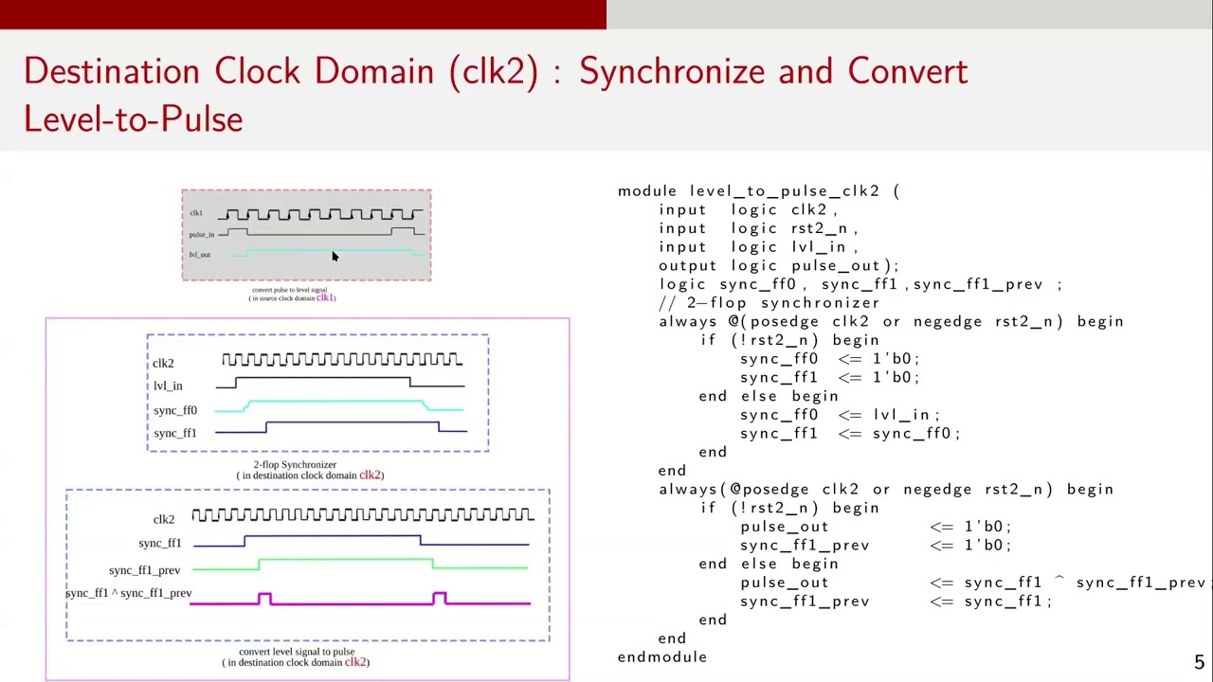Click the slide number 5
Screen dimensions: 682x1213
tap(1199, 663)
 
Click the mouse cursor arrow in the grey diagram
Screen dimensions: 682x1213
tap(334, 257)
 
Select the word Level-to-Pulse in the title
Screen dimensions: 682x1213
tap(133, 119)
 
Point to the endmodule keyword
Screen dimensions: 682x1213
tap(661, 657)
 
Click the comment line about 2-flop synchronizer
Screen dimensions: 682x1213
tap(769, 303)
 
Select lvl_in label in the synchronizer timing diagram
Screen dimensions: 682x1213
tap(168, 386)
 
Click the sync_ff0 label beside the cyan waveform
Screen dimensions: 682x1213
tap(175, 411)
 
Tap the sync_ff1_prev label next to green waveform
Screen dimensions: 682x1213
tap(144, 570)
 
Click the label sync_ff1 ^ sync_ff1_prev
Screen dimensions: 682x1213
tap(129, 594)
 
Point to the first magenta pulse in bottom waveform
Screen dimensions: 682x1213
tap(264, 598)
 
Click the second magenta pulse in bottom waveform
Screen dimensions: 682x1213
tap(439, 598)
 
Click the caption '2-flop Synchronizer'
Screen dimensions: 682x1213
tap(295, 465)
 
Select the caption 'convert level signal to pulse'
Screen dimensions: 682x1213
tap(297, 652)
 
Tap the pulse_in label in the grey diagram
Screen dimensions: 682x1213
tap(202, 235)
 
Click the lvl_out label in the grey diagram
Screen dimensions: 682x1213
tap(200, 255)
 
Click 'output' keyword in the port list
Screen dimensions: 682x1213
tap(689, 266)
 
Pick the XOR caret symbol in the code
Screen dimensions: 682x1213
tap(1059, 582)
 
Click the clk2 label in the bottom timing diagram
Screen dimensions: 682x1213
tap(164, 520)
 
